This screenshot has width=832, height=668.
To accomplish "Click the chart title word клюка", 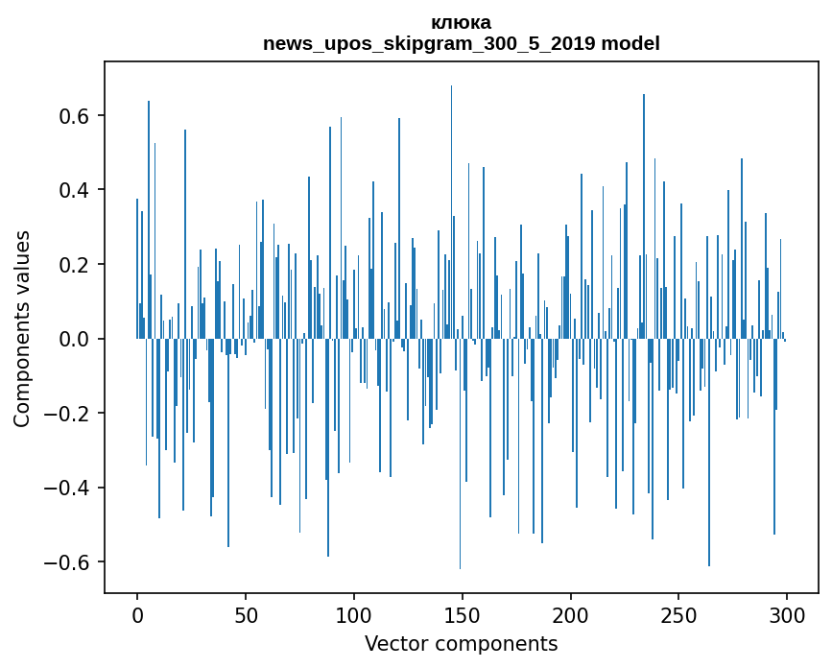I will pos(461,22).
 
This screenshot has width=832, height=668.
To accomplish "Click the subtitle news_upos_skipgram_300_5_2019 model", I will pos(461,43).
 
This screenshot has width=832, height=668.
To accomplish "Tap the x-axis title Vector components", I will pos(461,643).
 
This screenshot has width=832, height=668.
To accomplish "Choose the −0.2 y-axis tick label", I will pos(69,414).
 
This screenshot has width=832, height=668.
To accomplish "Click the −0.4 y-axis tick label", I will pos(69,488).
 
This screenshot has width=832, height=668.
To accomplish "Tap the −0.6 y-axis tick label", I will pos(69,562).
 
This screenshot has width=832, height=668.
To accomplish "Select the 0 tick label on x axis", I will pos(137,613).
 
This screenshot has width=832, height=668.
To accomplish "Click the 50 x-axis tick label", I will pos(246,613).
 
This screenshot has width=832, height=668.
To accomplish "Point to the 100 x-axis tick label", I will pos(354,613).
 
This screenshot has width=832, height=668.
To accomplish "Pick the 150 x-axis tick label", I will pos(463,613).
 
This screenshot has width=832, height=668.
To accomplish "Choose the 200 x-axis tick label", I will pos(571,613).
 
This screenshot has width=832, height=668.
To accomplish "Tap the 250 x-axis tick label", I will pos(679,613).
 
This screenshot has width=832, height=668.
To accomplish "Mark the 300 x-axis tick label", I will pos(788,613).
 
